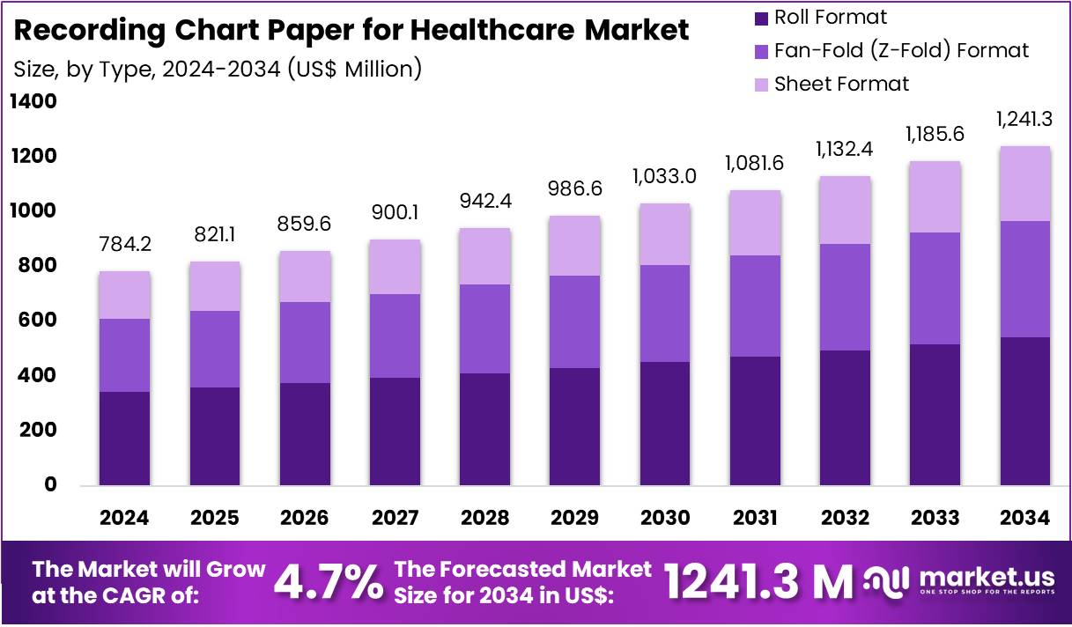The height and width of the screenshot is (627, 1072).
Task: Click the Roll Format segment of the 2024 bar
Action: pos(124,438)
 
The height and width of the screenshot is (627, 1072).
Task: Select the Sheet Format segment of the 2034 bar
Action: pos(1024,183)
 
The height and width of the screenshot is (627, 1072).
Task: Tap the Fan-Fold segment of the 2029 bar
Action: pos(574,321)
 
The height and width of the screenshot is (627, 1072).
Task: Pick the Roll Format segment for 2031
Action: pos(755,420)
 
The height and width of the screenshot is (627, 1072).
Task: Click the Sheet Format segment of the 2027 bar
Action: pos(395,267)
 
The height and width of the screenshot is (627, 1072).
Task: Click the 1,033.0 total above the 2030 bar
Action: pos(665,176)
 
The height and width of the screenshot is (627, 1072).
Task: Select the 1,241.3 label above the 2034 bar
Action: pos(1024,118)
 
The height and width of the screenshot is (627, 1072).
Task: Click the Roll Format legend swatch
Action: pos(759,18)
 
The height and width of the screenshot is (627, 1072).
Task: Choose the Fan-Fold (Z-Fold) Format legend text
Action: pos(901,51)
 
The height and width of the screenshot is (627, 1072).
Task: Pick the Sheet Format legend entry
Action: pos(841,85)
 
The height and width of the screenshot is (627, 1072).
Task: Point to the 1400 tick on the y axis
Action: pos(33,102)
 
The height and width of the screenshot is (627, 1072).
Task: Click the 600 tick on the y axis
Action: pos(38,321)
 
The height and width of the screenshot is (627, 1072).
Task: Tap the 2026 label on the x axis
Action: pos(304,518)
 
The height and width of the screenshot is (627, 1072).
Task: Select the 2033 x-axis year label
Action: pos(935,518)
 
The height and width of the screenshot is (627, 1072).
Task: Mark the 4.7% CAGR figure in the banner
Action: pos(329,581)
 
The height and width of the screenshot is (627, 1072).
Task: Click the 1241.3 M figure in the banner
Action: pos(758,581)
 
